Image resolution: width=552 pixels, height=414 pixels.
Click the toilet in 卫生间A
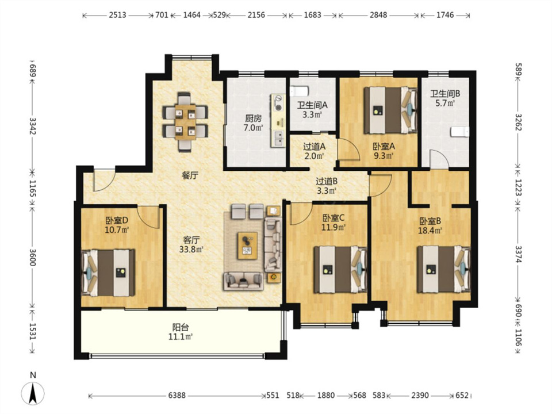tap(300, 92)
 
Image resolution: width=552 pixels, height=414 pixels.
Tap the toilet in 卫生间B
tap(459, 133)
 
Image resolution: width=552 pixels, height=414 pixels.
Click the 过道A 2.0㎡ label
tap(314, 150)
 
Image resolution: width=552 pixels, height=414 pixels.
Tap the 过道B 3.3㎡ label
tap(326, 186)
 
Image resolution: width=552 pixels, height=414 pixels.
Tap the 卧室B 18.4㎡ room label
tap(430, 225)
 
